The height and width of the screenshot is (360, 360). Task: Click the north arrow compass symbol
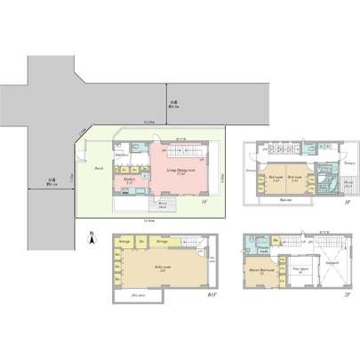coord(92,236)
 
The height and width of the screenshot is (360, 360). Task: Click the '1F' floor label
coord(204,203)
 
